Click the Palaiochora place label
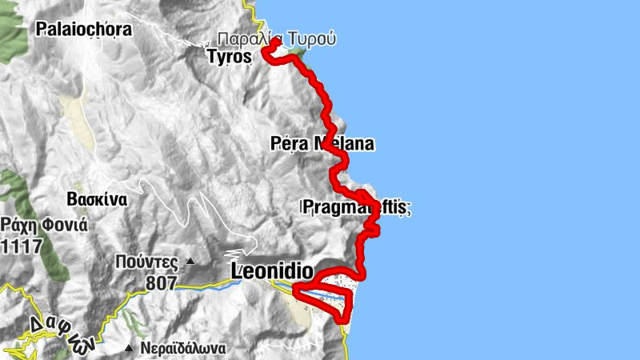pyautogui.click(x=84, y=30)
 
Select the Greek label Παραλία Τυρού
pyautogui.click(x=277, y=38)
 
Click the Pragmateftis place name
pyautogui.click(x=357, y=207)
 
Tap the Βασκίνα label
pyautogui.click(x=98, y=200)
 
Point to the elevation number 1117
pyautogui.click(x=20, y=246)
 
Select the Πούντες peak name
pyautogui.click(x=145, y=261)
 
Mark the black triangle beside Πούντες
pyautogui.click(x=190, y=261)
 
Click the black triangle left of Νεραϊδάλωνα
pyautogui.click(x=129, y=348)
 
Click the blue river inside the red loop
pyautogui.click(x=328, y=297)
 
